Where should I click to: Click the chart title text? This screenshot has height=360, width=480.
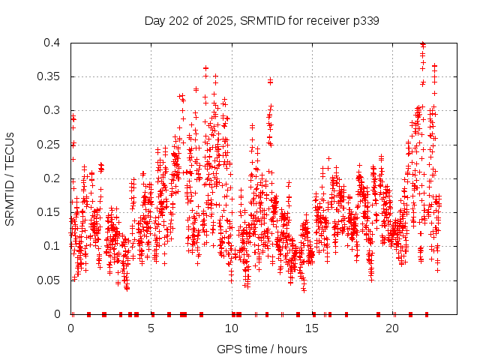coord(262,20)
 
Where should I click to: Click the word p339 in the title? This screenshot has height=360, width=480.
coord(365,20)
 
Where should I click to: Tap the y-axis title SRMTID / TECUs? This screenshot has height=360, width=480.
coord(10,178)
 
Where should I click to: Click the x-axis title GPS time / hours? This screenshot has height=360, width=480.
coord(262,349)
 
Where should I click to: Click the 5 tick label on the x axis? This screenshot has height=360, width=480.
coord(151,328)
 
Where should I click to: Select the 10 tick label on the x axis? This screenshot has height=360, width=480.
coord(232,328)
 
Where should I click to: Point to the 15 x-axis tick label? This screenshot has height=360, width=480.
coord(313,328)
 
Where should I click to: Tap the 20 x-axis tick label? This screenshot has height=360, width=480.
coord(393,328)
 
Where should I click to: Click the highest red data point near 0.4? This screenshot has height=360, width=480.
coord(423,44)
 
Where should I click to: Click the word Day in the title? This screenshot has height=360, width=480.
coord(154,20)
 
